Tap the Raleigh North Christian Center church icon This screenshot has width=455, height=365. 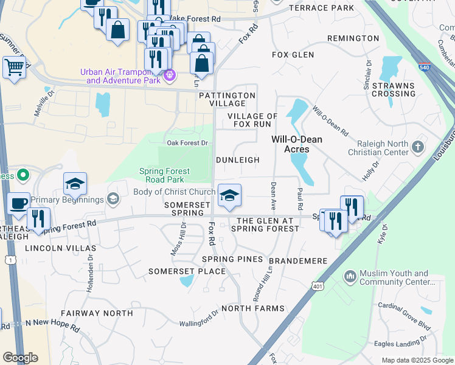(417, 147)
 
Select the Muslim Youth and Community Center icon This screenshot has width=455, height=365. (350, 277)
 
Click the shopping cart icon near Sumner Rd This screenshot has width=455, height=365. (14, 67)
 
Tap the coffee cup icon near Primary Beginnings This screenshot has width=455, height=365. (19, 203)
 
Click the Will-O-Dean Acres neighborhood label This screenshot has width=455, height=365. (297, 144)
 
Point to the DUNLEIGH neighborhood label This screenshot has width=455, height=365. (238, 160)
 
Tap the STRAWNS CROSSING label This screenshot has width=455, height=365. (394, 89)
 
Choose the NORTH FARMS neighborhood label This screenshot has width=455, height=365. (252, 308)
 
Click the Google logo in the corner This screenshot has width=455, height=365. (20, 357)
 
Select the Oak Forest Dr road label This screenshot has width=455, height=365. (187, 143)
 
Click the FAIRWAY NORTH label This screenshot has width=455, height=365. (97, 313)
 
